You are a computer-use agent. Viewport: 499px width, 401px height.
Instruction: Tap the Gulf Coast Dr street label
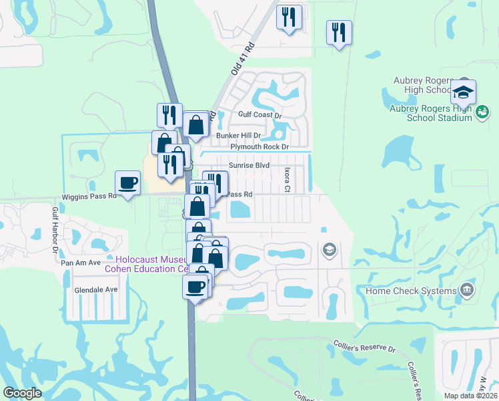click(x=260, y=115)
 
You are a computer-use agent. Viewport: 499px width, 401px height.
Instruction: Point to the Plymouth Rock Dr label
click(x=260, y=146)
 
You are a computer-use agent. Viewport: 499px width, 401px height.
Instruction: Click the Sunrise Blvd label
click(x=249, y=164)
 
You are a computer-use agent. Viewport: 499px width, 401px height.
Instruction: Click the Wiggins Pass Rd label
click(x=89, y=196)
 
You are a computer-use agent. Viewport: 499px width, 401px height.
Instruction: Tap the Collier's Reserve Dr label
click(x=364, y=348)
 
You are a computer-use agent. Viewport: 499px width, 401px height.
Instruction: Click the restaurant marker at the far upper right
click(x=339, y=31)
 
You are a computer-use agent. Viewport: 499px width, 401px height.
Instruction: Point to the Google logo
click(x=22, y=393)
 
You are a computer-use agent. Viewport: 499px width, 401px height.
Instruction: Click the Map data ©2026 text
click(x=470, y=396)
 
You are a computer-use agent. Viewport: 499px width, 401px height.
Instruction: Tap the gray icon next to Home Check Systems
click(x=466, y=290)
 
